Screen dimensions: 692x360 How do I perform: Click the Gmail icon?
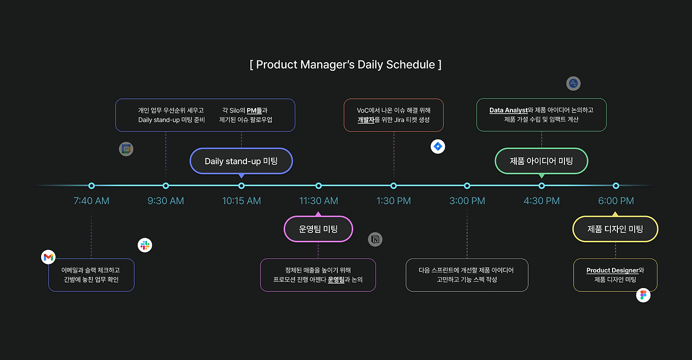pyautogui.click(x=48, y=257)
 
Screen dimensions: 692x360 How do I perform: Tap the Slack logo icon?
pyautogui.click(x=145, y=245)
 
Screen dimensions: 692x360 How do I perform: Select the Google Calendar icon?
pyautogui.click(x=126, y=149)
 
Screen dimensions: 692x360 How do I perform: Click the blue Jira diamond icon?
pyautogui.click(x=438, y=146)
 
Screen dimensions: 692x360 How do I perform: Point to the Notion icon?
pyautogui.click(x=375, y=239)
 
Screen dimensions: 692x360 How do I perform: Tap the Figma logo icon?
pyautogui.click(x=643, y=295)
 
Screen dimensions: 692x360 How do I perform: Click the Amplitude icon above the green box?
pyautogui.click(x=574, y=83)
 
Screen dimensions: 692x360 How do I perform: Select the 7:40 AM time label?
pyautogui.click(x=91, y=201)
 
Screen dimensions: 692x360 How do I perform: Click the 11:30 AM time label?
pyautogui.click(x=318, y=201)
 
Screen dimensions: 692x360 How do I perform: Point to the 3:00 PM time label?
pyautogui.click(x=467, y=201)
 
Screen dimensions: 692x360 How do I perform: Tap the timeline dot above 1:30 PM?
pyautogui.click(x=393, y=186)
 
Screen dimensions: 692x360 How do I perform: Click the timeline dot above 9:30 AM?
pyautogui.click(x=165, y=186)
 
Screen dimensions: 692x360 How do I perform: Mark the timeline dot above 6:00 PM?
pyautogui.click(x=616, y=186)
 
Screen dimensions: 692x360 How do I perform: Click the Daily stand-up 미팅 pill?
pyautogui.click(x=241, y=161)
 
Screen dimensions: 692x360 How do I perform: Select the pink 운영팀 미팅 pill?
pyautogui.click(x=318, y=229)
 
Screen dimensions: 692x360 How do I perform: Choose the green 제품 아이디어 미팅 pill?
pyautogui.click(x=542, y=161)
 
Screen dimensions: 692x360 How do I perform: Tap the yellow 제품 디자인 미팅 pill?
pyautogui.click(x=615, y=229)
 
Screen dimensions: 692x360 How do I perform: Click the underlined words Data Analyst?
pyautogui.click(x=508, y=110)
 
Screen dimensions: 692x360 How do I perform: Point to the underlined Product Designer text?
pyautogui.click(x=613, y=270)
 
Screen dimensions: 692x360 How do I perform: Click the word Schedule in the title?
pyautogui.click(x=410, y=65)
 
